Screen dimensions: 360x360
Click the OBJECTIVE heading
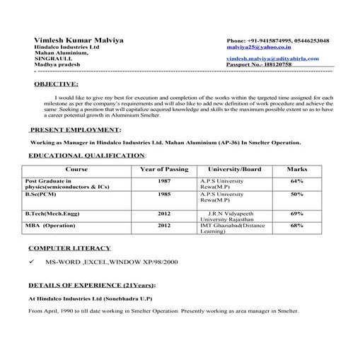coord(57,84)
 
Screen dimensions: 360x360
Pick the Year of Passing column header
coord(164,170)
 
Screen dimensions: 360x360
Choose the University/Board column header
coord(234,170)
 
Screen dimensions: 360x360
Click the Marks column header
coord(297,170)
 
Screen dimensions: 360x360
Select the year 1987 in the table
coord(164,181)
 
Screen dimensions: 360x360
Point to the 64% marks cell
coord(297,181)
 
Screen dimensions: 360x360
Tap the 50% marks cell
coord(297,193)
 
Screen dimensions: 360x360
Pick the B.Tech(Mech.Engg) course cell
coord(50,213)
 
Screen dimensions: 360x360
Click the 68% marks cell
coord(297,225)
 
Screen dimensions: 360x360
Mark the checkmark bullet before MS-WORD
coord(32,262)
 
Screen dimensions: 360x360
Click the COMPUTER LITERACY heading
coord(69,248)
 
